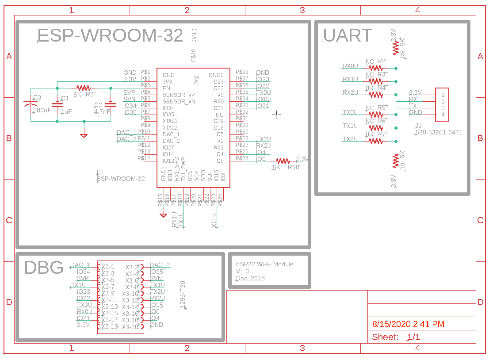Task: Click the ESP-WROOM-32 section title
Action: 110,35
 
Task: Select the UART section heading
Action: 348,35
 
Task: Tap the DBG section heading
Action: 43,268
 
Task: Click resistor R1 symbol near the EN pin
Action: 83,88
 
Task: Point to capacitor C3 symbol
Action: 30,104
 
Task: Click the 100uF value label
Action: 42,111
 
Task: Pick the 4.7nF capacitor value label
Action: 103,112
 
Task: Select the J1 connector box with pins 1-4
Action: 442,104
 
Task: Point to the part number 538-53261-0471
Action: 439,132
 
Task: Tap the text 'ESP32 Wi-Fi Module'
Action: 264,264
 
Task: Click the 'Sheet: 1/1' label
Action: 396,337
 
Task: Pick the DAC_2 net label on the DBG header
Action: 160,265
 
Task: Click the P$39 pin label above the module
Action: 194,55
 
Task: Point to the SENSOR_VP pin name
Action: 179,95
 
